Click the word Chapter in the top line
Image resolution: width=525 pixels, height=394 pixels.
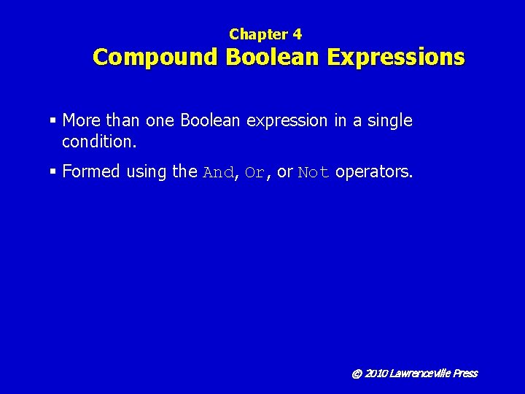click(258, 34)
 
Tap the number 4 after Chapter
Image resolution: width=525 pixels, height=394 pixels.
click(297, 34)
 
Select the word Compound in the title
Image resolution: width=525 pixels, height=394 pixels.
click(155, 57)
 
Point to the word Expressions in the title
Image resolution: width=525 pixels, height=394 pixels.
click(396, 57)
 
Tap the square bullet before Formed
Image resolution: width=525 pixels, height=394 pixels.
click(54, 172)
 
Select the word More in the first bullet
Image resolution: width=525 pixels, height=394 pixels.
click(82, 120)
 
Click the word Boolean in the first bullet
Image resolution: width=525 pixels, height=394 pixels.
click(210, 120)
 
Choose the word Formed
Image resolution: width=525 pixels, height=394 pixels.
click(91, 171)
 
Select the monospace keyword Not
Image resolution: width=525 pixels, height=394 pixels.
click(314, 173)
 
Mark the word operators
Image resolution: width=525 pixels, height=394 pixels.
click(373, 172)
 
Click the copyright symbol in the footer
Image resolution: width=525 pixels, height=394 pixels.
click(357, 374)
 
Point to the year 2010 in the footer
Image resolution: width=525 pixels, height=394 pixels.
click(376, 374)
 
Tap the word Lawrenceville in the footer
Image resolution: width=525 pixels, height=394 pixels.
click(420, 374)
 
